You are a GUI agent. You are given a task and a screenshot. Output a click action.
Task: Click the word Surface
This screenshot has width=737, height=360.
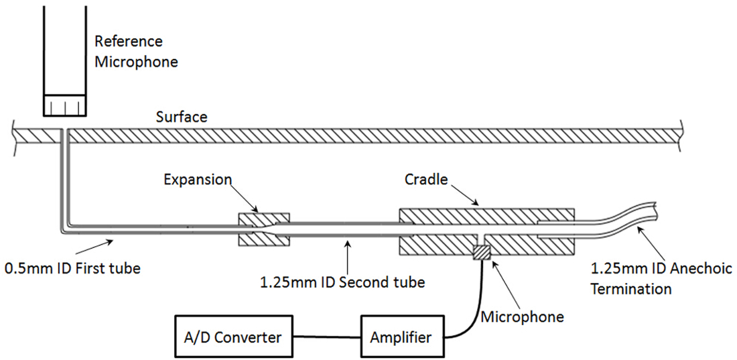point(182,117)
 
